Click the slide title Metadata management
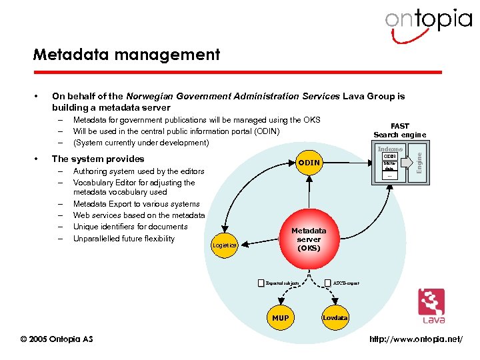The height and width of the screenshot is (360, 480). click(127, 54)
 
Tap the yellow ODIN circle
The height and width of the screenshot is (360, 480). click(309, 163)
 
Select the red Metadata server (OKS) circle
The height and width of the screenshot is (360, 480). click(309, 239)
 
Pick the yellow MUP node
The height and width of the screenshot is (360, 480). click(281, 318)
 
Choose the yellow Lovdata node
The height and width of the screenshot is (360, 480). click(335, 318)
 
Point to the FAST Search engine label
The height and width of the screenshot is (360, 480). click(400, 130)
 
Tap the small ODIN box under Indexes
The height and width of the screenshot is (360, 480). click(389, 156)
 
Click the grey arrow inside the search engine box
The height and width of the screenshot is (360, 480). click(407, 164)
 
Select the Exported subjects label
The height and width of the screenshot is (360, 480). click(283, 283)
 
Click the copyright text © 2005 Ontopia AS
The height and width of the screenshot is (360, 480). click(57, 339)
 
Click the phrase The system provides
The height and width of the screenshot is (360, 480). click(98, 159)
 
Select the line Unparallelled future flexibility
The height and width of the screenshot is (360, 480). click(124, 239)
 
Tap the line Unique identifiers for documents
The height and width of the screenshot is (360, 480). click(130, 227)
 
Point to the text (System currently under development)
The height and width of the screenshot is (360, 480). click(141, 142)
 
